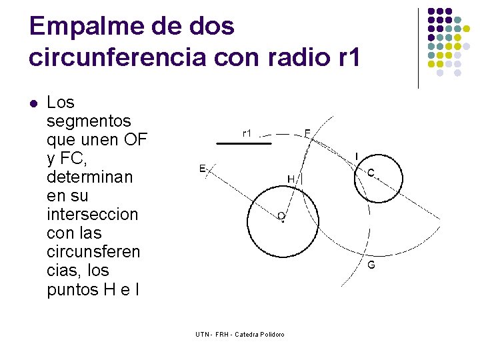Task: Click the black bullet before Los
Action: click(33, 103)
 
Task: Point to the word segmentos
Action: click(89, 121)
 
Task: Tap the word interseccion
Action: click(93, 215)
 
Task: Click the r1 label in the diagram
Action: click(247, 133)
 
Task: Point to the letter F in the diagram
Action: click(307, 133)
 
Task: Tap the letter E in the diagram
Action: click(202, 168)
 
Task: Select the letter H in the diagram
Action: click(291, 179)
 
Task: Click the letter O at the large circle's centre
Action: click(281, 217)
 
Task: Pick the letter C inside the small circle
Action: click(371, 173)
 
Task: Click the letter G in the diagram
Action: click(371, 265)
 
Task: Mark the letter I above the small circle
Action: click(356, 156)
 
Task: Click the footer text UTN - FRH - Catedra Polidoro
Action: click(240, 333)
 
